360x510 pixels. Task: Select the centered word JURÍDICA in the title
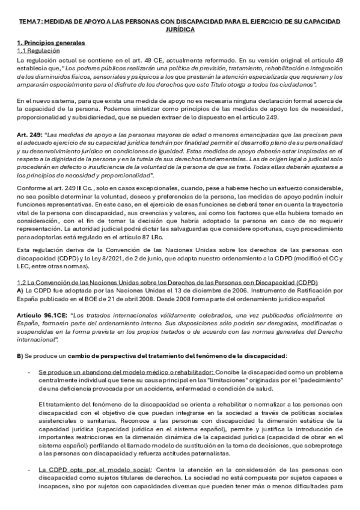pyautogui.click(x=180, y=29)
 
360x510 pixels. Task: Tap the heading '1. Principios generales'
pyautogui.click(x=51, y=43)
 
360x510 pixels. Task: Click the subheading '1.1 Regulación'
pyautogui.click(x=38, y=51)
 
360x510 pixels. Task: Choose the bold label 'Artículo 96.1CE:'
pyautogui.click(x=41, y=315)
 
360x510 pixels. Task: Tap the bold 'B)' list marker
pyautogui.click(x=20, y=356)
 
